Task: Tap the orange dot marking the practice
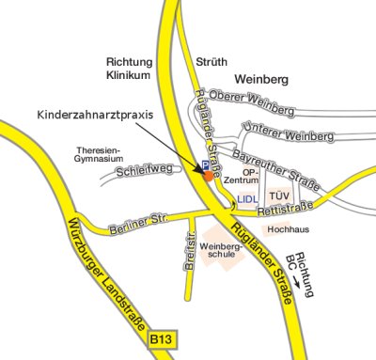[209, 175]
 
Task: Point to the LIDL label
[247, 199]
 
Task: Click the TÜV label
[278, 197]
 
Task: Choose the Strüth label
[210, 63]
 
